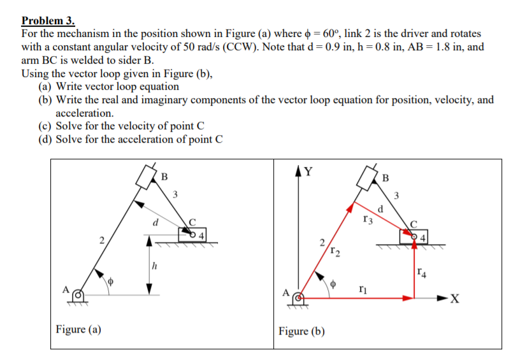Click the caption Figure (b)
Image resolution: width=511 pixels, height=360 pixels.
(x=301, y=331)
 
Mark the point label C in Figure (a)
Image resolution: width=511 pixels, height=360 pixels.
(x=189, y=222)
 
